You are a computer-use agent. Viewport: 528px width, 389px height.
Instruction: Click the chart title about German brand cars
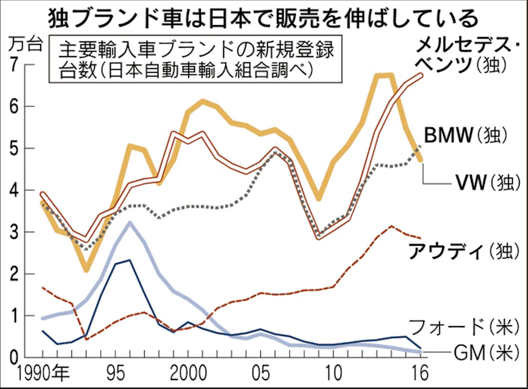click(263, 16)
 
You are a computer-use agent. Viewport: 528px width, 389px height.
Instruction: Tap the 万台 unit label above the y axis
click(23, 44)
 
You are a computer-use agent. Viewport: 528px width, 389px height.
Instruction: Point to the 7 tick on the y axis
click(13, 65)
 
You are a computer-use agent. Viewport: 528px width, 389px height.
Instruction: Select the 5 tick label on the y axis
click(13, 149)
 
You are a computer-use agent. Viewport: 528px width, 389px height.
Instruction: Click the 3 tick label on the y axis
click(13, 232)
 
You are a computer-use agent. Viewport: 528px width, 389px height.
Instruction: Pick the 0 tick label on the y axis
click(13, 357)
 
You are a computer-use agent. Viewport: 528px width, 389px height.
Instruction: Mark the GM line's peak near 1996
click(130, 223)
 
